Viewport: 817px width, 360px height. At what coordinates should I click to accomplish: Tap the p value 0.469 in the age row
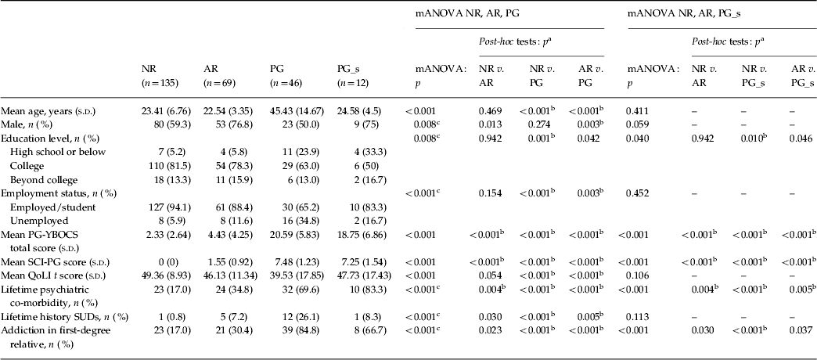490,112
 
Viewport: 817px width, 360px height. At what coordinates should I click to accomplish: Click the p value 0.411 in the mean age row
637,112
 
